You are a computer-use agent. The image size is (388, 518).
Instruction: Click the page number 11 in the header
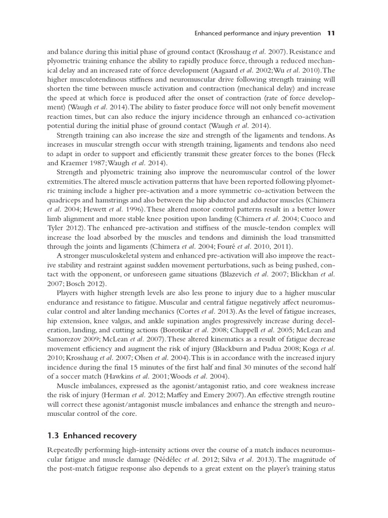pos(331,34)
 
